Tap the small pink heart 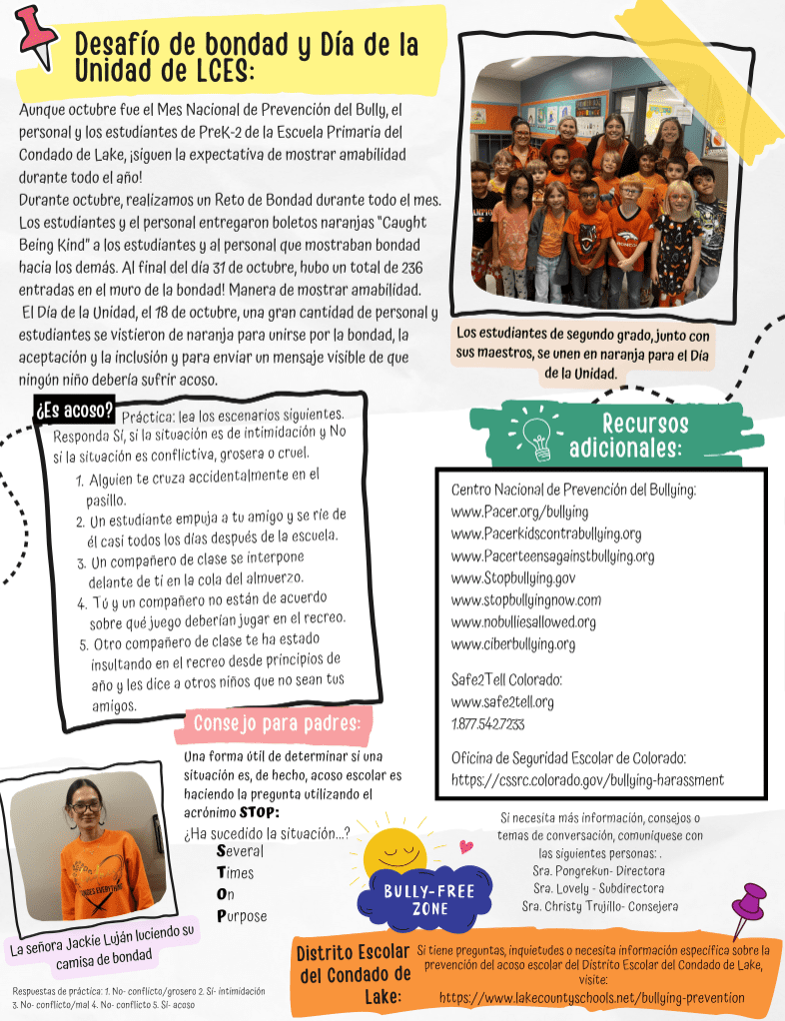click(465, 846)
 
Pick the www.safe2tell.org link click(502, 701)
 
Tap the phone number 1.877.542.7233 click(488, 723)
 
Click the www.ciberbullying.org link click(513, 643)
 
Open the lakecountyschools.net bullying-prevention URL click(591, 997)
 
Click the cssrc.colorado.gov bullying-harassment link click(587, 779)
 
